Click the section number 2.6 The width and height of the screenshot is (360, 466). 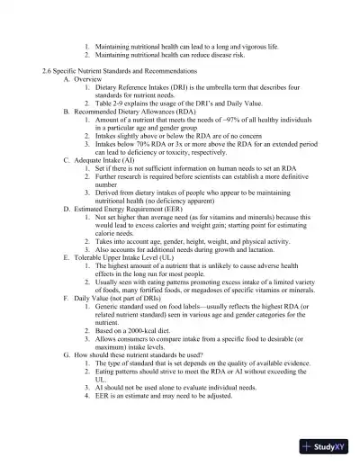(49, 69)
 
